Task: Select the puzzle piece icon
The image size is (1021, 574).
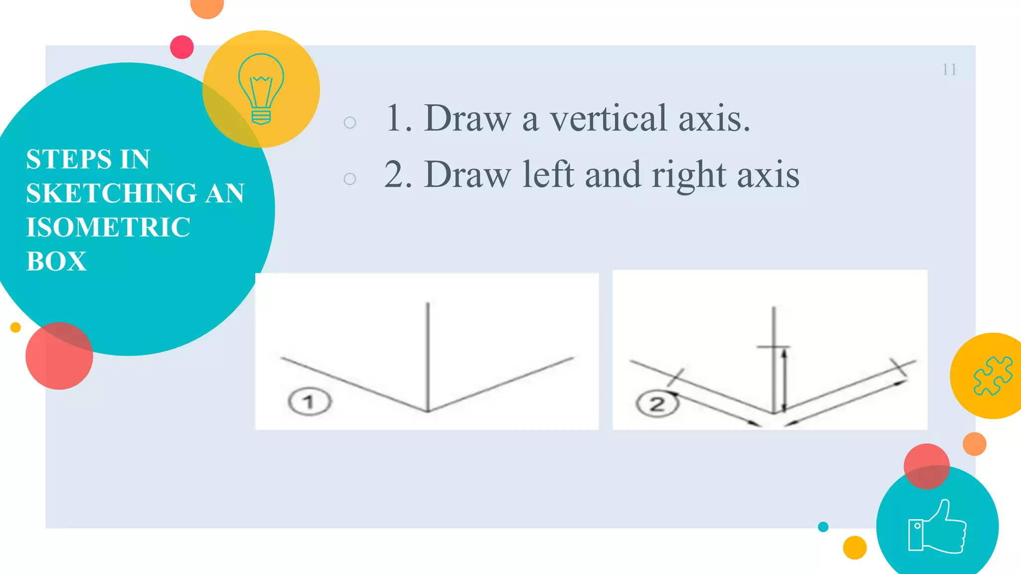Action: pos(993,376)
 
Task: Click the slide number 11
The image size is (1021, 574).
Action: pos(949,70)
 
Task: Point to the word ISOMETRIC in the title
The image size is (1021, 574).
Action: pos(108,227)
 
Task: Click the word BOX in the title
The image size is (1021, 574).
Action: pos(56,261)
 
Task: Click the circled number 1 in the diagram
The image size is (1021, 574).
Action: pos(309,402)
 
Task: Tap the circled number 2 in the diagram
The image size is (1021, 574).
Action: pos(657,404)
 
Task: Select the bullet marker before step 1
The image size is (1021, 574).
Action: pos(350,123)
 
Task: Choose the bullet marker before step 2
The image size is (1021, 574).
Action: pos(350,179)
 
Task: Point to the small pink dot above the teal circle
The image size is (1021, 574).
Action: pos(182,47)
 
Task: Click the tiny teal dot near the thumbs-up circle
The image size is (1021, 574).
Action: pos(823,527)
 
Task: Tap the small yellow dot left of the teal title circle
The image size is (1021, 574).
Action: pos(15,327)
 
